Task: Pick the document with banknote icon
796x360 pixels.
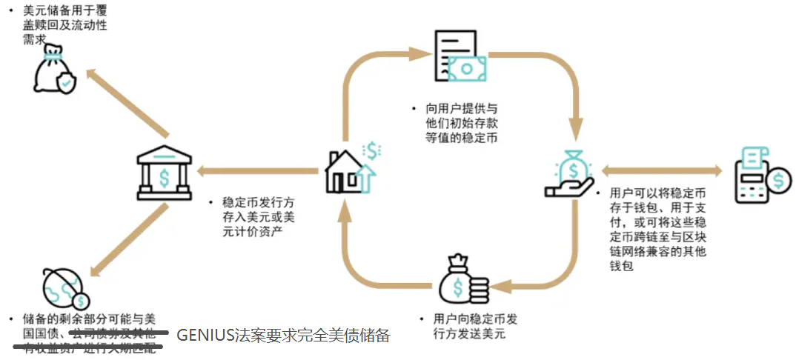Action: [x=460, y=60]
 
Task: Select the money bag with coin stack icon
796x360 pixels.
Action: [x=462, y=279]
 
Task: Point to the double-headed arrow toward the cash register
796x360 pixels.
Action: [x=662, y=171]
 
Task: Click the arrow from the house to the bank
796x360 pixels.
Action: [x=259, y=172]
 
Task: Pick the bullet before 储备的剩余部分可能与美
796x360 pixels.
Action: [x=10, y=319]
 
